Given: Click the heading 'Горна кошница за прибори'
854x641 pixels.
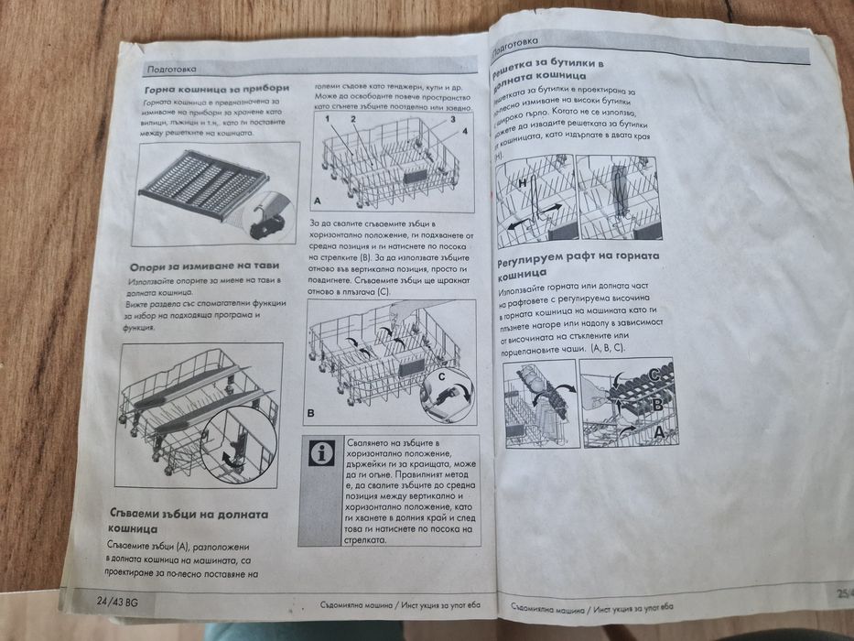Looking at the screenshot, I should (x=217, y=90).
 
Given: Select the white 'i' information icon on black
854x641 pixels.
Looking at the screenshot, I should (x=321, y=452).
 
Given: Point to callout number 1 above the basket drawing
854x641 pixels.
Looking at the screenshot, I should (x=326, y=121).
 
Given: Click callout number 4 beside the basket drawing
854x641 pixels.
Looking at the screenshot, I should (x=464, y=133).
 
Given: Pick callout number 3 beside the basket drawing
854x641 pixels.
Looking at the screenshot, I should (x=452, y=120).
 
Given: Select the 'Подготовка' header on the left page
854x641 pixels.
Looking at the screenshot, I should (x=176, y=70).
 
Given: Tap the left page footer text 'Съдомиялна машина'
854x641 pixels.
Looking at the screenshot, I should (x=356, y=605).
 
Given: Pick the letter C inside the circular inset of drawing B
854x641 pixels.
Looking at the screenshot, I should (x=442, y=377).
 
